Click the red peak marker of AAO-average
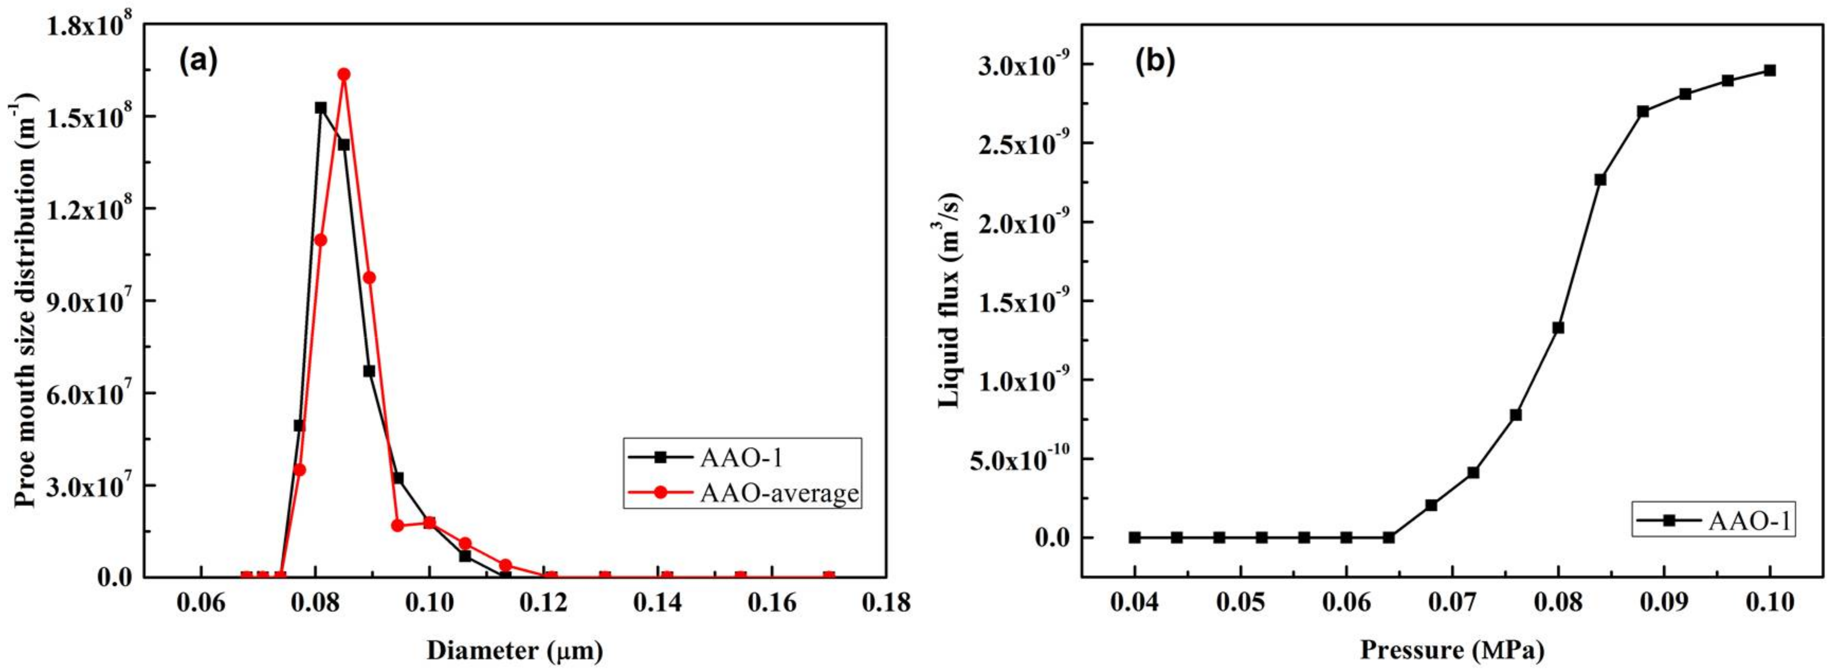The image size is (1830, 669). (344, 74)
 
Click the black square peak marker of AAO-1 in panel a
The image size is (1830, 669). (321, 108)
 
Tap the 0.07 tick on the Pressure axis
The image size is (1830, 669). (1452, 603)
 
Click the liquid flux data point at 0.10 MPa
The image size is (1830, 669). (1770, 70)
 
